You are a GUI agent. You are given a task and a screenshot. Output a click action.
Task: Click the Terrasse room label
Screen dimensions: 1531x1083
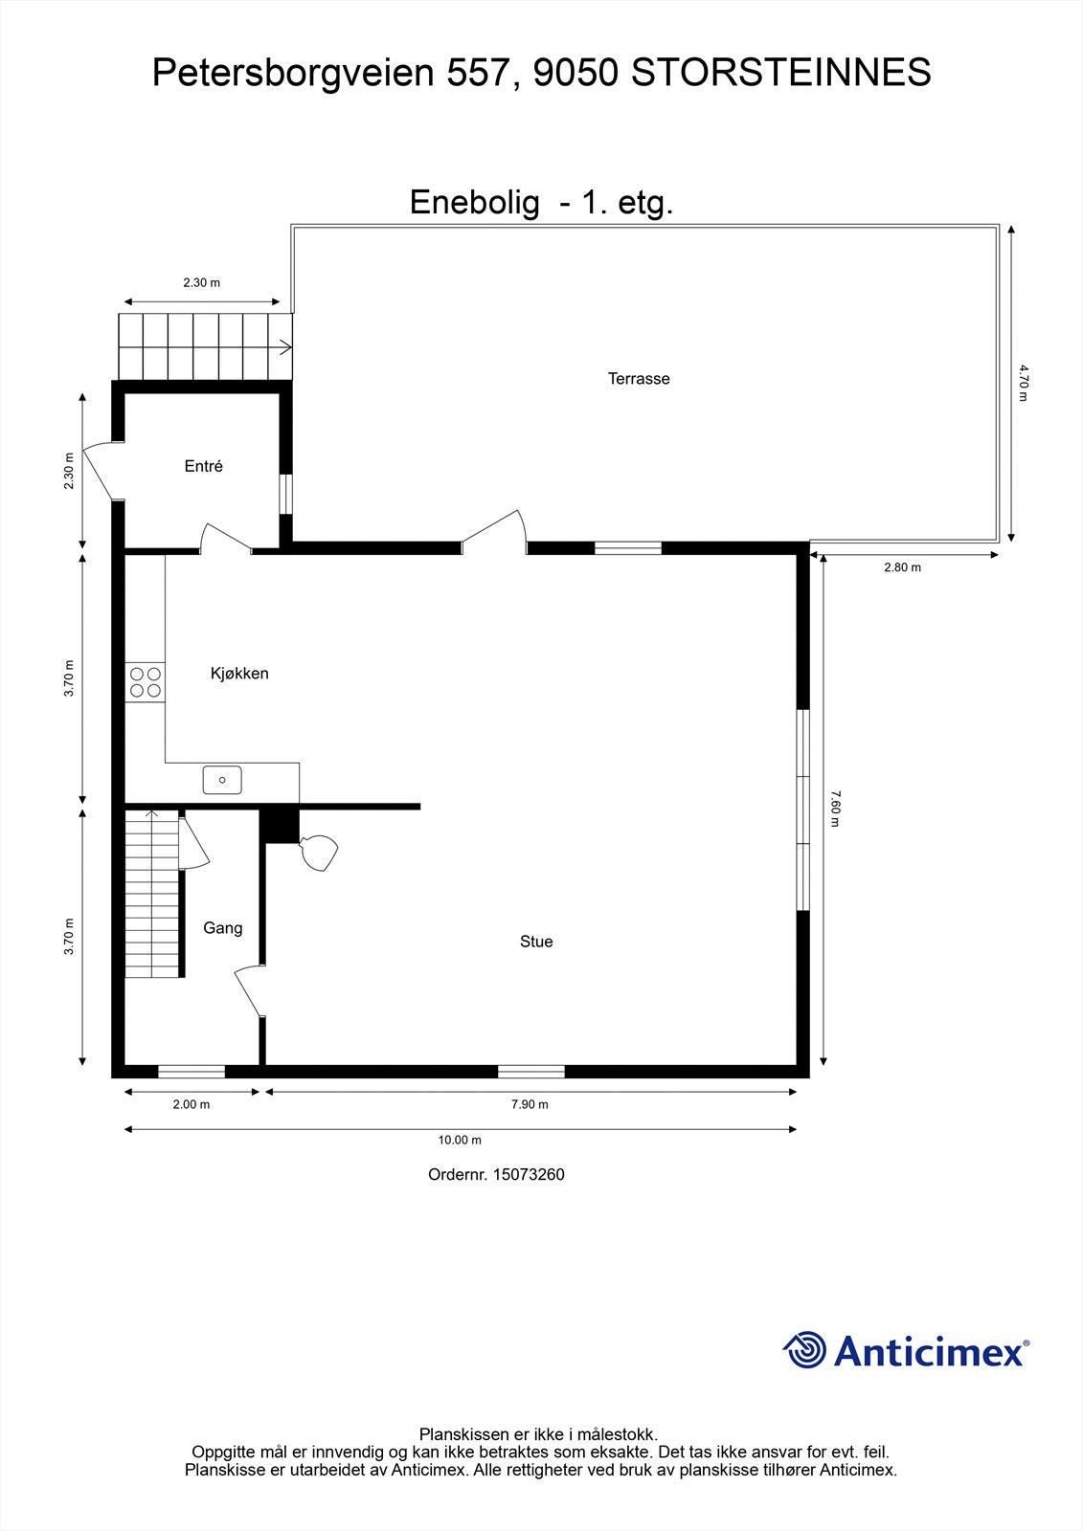click(639, 379)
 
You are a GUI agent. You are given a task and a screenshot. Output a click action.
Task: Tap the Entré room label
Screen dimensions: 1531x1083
click(203, 467)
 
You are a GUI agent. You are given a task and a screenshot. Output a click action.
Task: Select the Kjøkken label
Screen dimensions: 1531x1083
click(239, 674)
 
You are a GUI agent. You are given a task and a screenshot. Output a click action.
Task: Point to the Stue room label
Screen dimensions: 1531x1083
click(536, 942)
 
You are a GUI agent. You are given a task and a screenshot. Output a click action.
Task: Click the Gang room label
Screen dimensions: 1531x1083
click(222, 928)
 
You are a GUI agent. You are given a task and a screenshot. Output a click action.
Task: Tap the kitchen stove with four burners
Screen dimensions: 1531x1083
click(145, 682)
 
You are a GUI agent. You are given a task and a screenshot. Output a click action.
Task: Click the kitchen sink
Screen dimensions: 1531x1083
click(222, 780)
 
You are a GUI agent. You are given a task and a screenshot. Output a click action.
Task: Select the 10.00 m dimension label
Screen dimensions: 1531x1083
click(460, 1140)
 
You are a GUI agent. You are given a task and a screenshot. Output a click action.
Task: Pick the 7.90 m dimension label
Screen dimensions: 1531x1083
click(530, 1104)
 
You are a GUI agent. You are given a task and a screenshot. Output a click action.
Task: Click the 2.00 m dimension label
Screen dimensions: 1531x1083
click(191, 1104)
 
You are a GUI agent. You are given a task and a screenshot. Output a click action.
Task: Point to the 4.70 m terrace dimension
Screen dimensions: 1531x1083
click(1022, 382)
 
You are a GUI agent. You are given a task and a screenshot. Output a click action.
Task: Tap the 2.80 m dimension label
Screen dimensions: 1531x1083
click(902, 567)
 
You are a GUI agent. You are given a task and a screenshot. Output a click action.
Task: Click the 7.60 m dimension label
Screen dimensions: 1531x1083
click(833, 809)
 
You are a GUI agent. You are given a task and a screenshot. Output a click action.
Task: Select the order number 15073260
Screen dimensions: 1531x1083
click(528, 1174)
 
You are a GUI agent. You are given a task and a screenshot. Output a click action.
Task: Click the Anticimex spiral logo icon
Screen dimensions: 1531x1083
click(804, 1350)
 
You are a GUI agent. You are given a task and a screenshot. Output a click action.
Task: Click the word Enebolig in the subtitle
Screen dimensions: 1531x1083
click(474, 203)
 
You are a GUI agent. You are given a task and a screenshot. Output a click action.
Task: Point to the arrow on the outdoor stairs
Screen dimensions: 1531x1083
click(284, 347)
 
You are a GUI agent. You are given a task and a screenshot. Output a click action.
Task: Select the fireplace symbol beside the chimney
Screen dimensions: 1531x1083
click(319, 852)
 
